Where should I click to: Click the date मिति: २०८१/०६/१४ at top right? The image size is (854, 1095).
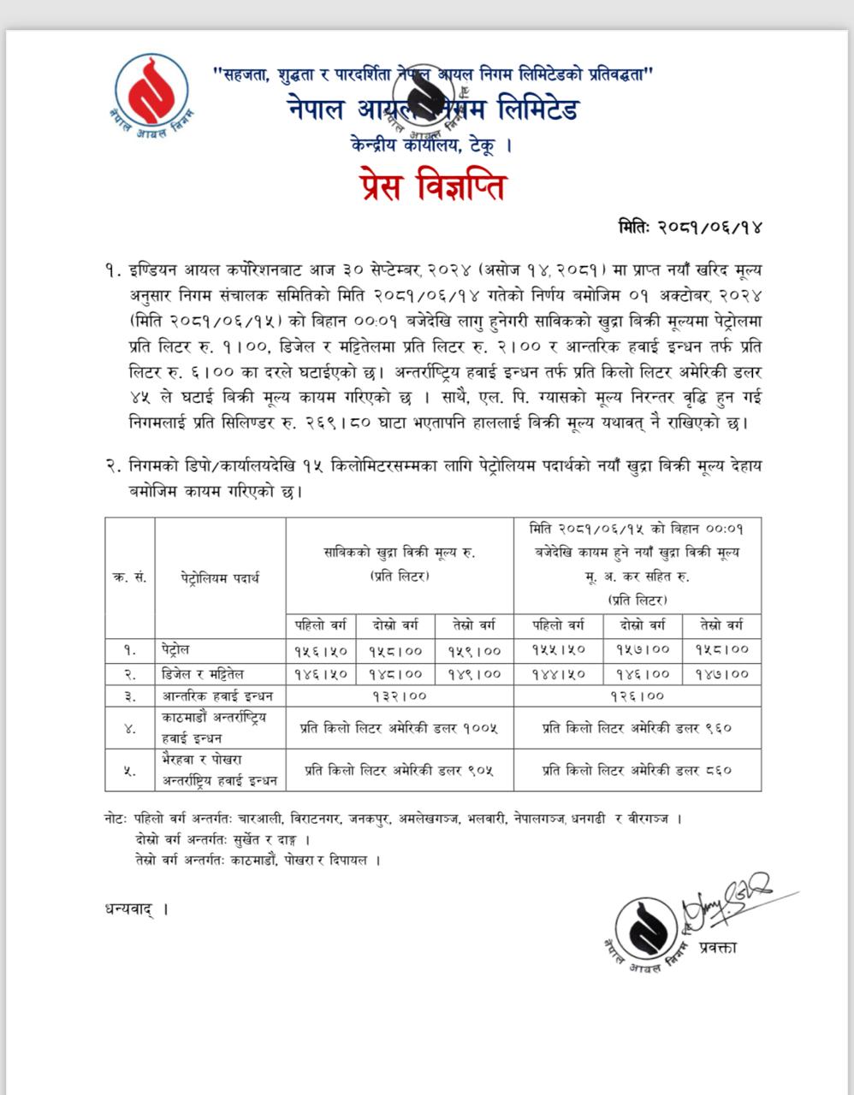coord(690,228)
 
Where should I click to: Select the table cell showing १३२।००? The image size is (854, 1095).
coord(400,695)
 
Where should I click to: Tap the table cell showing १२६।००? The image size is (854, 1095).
coord(638,695)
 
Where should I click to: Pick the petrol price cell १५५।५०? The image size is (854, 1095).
coord(559,650)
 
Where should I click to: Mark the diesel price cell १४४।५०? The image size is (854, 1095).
coord(559,673)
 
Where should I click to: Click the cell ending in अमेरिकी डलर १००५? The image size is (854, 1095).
coord(400,729)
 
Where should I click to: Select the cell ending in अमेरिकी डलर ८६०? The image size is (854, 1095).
coord(638,770)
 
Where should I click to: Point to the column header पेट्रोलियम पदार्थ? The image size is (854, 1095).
coord(220,577)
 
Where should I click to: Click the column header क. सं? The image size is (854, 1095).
coord(130,577)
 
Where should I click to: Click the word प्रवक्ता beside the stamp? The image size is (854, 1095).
coord(717,946)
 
